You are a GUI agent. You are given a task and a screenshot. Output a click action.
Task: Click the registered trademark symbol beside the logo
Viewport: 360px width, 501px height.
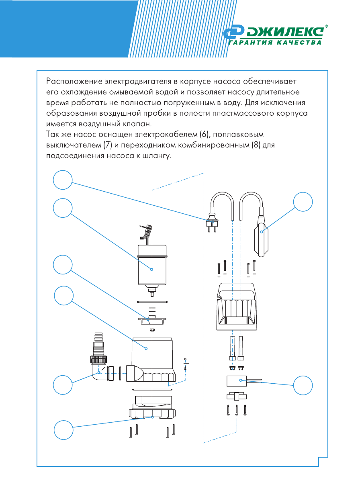tap(326, 26)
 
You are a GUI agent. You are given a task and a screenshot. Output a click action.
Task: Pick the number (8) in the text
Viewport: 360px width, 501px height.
tap(256, 145)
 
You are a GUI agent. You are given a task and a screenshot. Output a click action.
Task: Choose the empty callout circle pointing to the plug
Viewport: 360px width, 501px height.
tap(63, 180)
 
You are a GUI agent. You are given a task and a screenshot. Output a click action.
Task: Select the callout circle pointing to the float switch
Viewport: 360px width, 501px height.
tap(303, 201)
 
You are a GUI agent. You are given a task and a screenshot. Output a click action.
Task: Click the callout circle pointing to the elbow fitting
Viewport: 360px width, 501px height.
tap(63, 384)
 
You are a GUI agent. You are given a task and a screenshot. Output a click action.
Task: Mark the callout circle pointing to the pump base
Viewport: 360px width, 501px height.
tap(63, 429)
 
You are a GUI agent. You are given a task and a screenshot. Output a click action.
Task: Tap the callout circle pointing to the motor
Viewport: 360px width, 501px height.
tap(63, 208)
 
